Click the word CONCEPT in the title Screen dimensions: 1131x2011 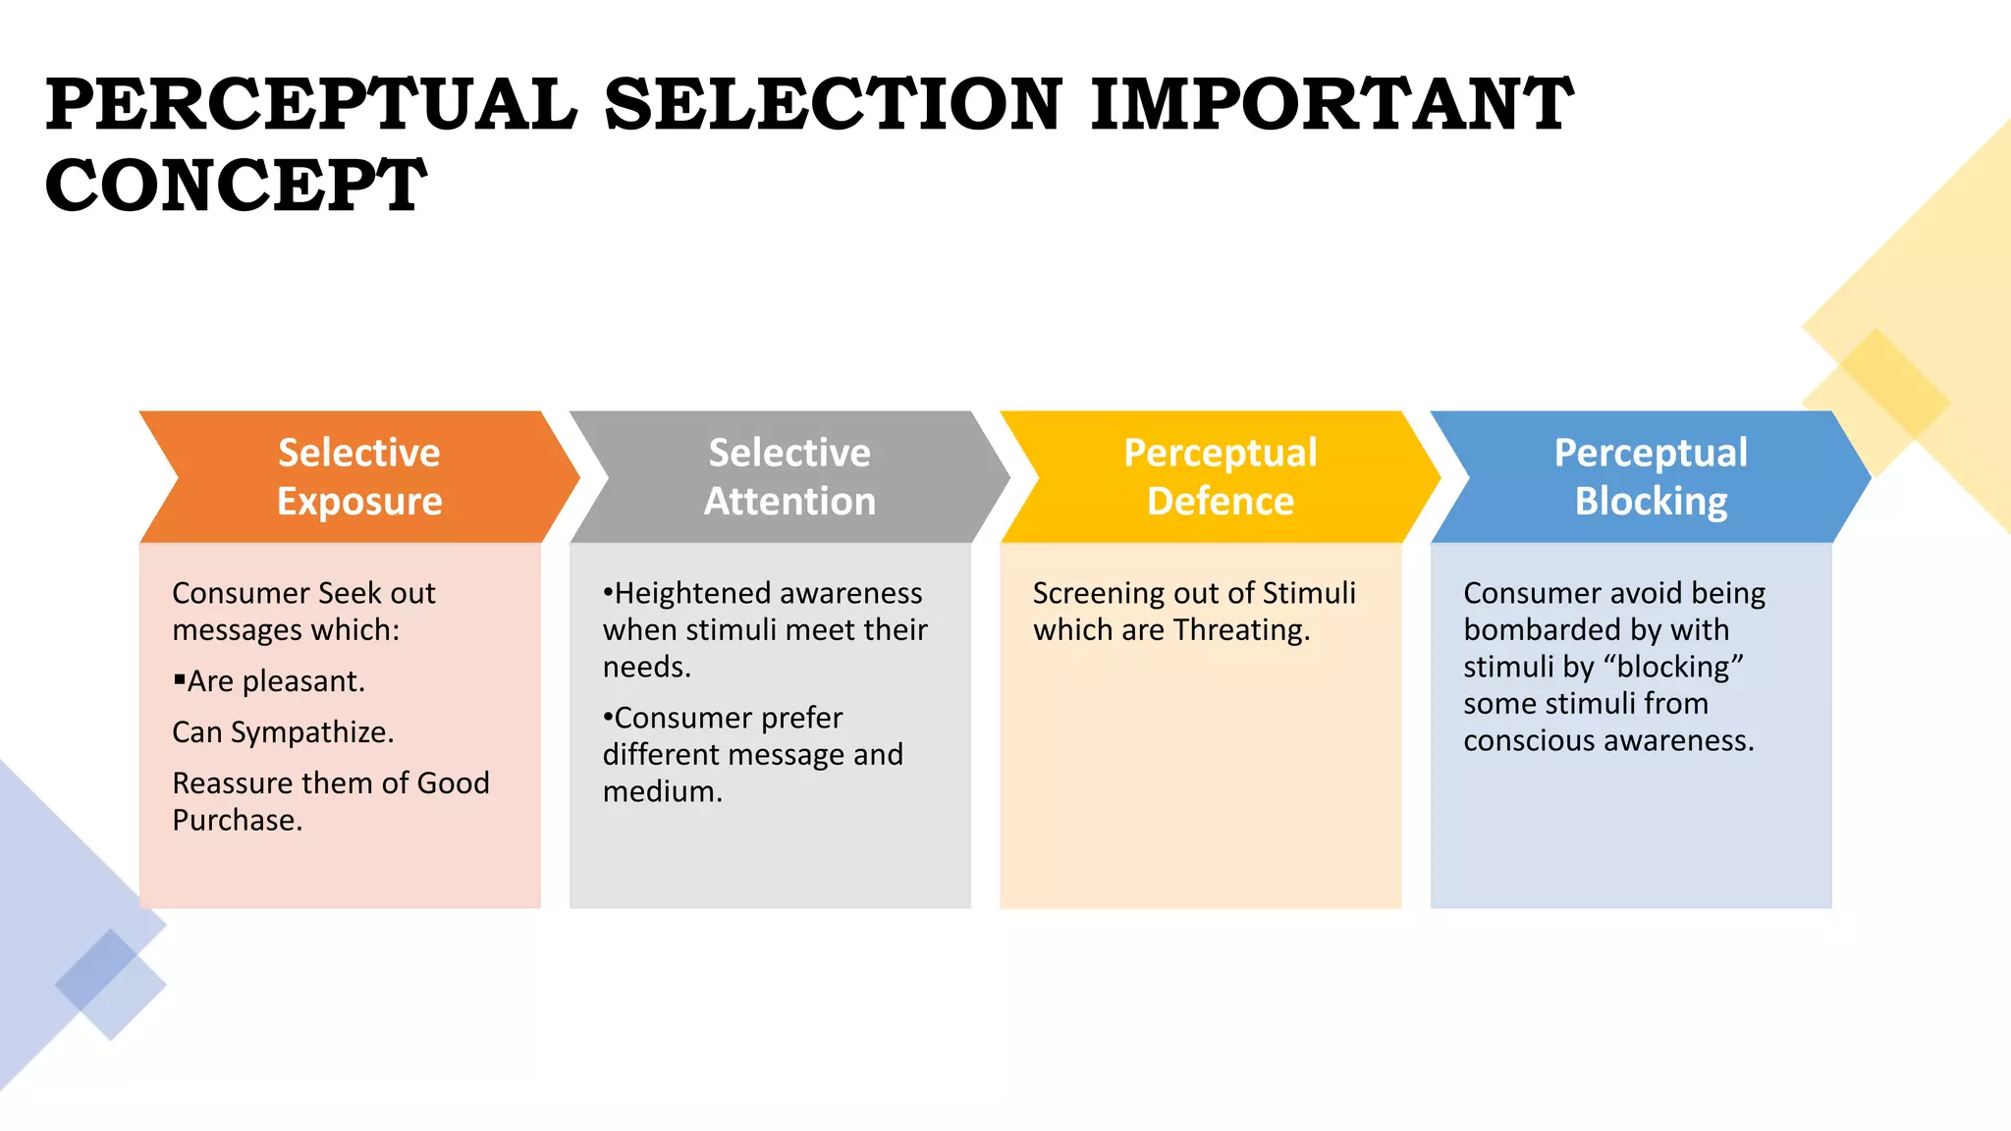[236, 187]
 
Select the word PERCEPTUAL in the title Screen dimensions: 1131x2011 [311, 105]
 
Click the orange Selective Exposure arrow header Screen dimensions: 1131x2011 [359, 477]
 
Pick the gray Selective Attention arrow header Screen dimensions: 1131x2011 [789, 477]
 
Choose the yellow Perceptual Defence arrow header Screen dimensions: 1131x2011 [1220, 477]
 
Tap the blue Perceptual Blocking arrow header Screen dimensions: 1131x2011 [1651, 477]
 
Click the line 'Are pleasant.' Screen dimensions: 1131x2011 [276, 681]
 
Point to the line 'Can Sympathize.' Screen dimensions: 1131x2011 [283, 732]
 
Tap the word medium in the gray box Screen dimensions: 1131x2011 [659, 791]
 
